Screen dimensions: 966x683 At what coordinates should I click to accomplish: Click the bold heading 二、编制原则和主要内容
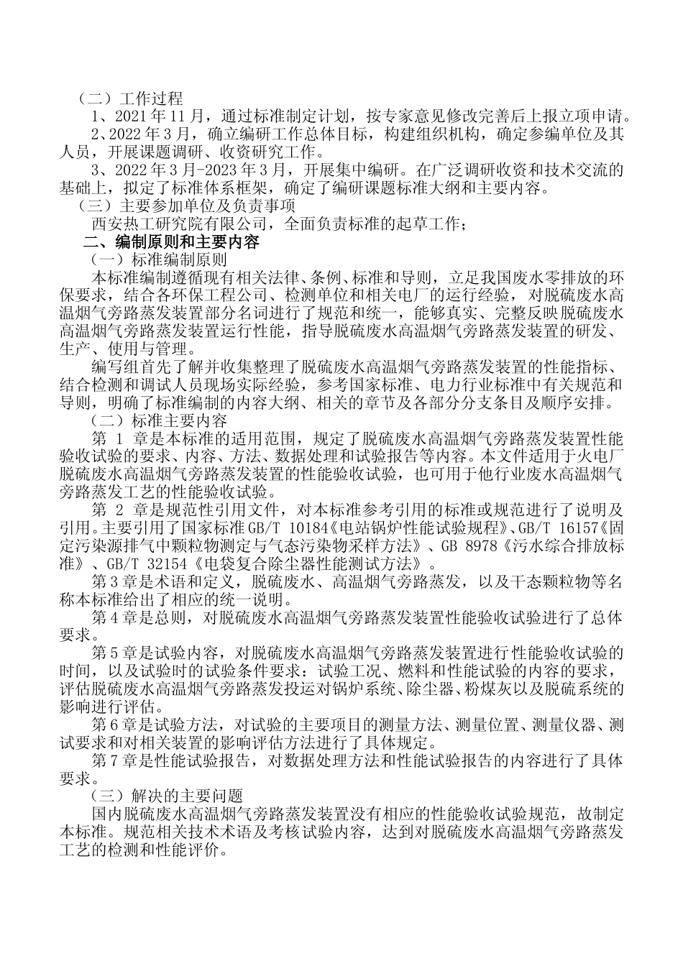click(173, 242)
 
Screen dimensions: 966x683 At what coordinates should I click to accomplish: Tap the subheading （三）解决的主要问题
click(166, 796)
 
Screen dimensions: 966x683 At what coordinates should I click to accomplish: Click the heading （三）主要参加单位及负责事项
click(169, 207)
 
